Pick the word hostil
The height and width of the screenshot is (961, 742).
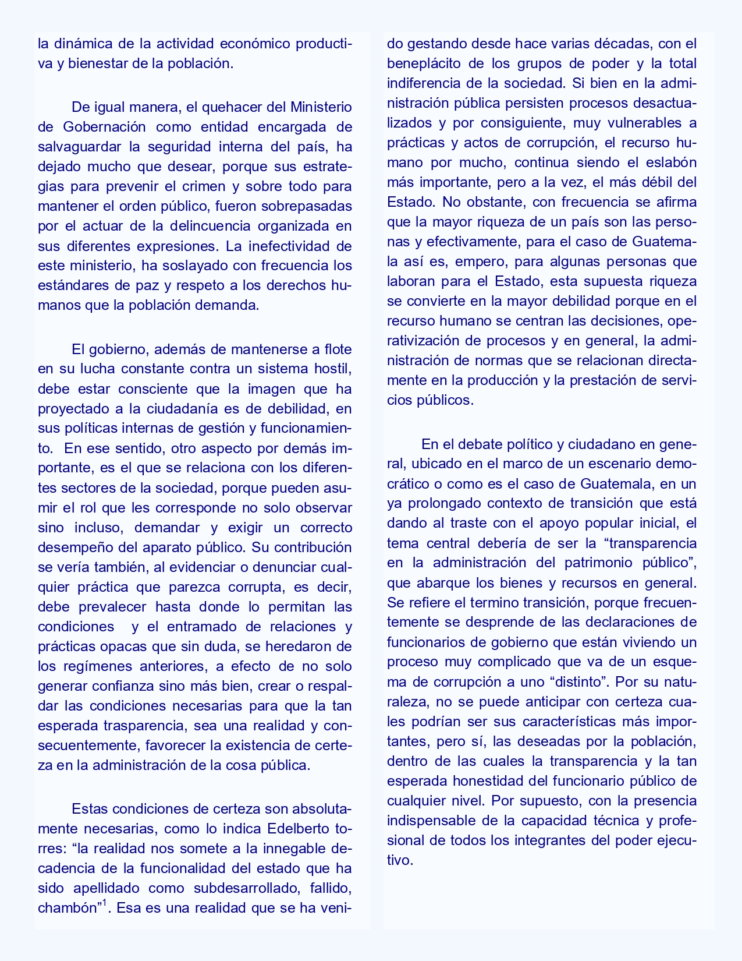pyautogui.click(x=333, y=369)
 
